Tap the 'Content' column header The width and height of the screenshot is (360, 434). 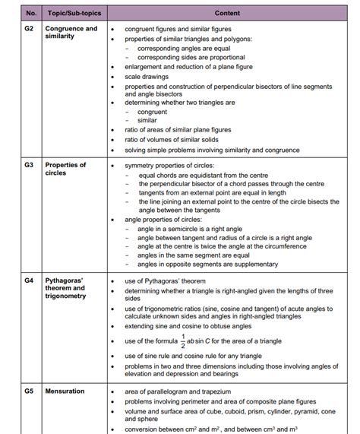(x=226, y=14)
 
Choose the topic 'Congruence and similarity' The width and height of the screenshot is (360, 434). (x=71, y=33)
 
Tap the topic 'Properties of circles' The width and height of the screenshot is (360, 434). (x=65, y=169)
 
